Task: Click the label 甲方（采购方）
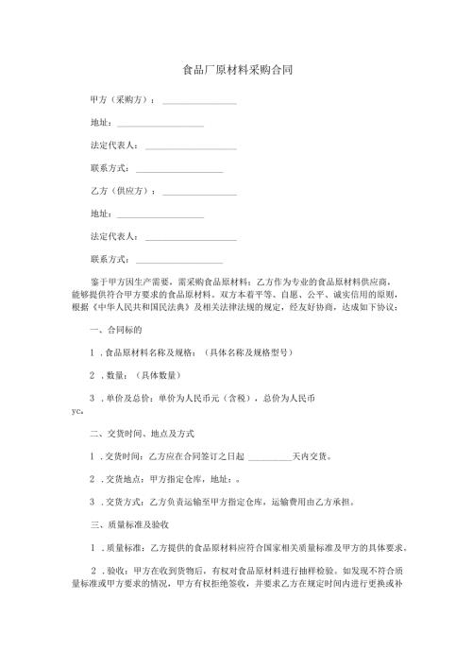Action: (121, 99)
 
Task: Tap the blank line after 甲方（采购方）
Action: (199, 101)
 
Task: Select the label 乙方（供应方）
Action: (121, 191)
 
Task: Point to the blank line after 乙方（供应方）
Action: (199, 193)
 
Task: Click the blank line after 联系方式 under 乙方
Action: (179, 262)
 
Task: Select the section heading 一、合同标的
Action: (115, 332)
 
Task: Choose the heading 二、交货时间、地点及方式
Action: (142, 434)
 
